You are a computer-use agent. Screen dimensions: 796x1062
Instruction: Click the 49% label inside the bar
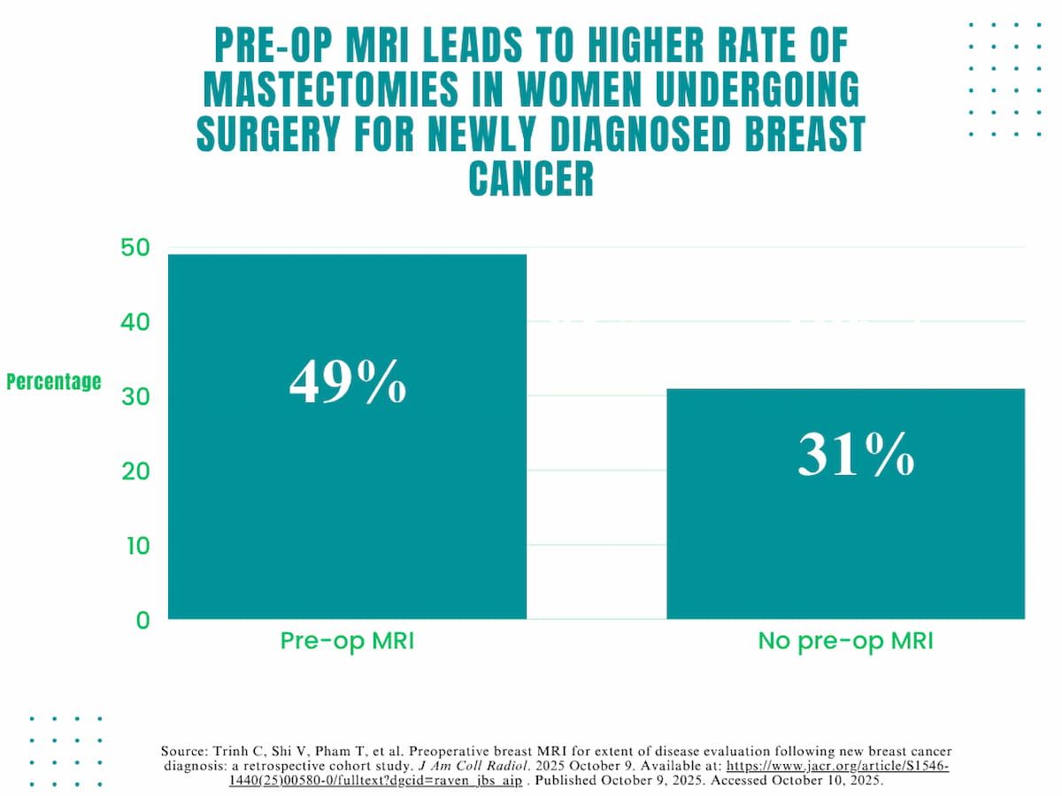click(348, 382)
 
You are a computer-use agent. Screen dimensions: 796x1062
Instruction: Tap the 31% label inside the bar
click(855, 456)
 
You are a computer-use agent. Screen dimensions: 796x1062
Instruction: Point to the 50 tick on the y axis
click(135, 248)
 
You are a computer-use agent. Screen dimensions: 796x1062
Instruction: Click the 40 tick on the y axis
click(135, 322)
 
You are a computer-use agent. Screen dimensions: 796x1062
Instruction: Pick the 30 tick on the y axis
click(135, 396)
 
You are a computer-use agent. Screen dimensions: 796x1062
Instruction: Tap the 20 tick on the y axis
click(135, 471)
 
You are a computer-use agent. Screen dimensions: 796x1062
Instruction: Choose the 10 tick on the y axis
click(135, 545)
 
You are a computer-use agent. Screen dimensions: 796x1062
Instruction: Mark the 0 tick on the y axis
click(142, 620)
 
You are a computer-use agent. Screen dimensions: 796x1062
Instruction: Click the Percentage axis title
click(54, 382)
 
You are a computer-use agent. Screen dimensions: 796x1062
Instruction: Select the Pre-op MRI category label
click(347, 641)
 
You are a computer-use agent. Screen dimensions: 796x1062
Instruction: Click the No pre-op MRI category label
click(845, 641)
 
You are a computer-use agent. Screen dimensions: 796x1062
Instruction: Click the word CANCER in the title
click(531, 180)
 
